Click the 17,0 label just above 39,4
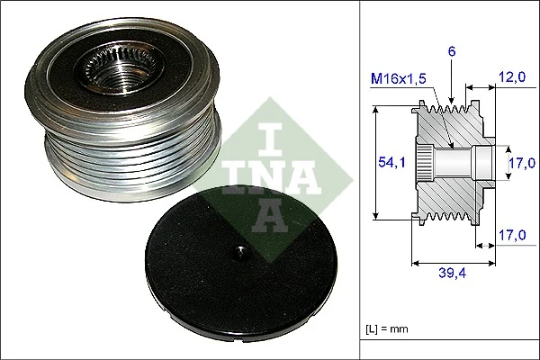coord(510,236)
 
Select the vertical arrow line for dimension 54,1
coord(375,162)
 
